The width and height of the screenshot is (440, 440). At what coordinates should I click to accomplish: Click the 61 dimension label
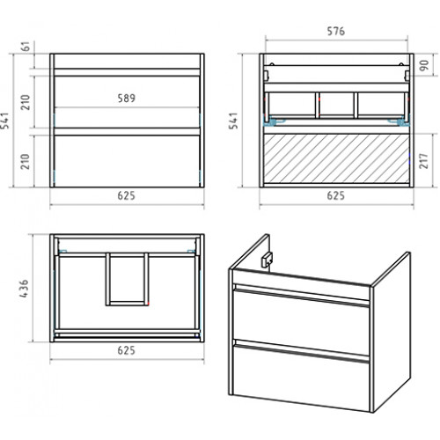(26, 47)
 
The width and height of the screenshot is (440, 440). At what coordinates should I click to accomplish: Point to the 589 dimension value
(127, 99)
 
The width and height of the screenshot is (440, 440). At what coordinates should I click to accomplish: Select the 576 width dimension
(336, 31)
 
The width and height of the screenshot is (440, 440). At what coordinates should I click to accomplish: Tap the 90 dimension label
(424, 65)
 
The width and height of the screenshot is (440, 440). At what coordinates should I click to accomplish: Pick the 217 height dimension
(423, 160)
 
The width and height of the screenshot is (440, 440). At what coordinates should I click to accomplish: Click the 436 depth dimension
(24, 289)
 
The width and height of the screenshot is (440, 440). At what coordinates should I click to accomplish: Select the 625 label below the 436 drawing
(127, 350)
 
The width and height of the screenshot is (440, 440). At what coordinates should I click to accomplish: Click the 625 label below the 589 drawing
(127, 195)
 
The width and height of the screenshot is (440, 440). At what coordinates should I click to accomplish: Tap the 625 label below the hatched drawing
(336, 195)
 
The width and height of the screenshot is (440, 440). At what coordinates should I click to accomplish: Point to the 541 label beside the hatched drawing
(233, 121)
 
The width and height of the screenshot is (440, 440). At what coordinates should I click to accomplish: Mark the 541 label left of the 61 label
(5, 121)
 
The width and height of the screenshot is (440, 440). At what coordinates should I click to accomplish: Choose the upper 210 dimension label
(26, 102)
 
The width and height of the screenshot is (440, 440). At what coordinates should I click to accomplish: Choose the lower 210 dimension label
(26, 161)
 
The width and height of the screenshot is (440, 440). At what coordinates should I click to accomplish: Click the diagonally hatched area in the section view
(336, 158)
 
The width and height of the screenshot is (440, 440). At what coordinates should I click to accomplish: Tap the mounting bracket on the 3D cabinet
(267, 260)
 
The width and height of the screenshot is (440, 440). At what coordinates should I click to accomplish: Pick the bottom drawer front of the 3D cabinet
(301, 377)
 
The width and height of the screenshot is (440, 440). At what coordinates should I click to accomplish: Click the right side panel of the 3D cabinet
(392, 332)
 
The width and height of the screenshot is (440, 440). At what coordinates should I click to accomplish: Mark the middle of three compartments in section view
(336, 105)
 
